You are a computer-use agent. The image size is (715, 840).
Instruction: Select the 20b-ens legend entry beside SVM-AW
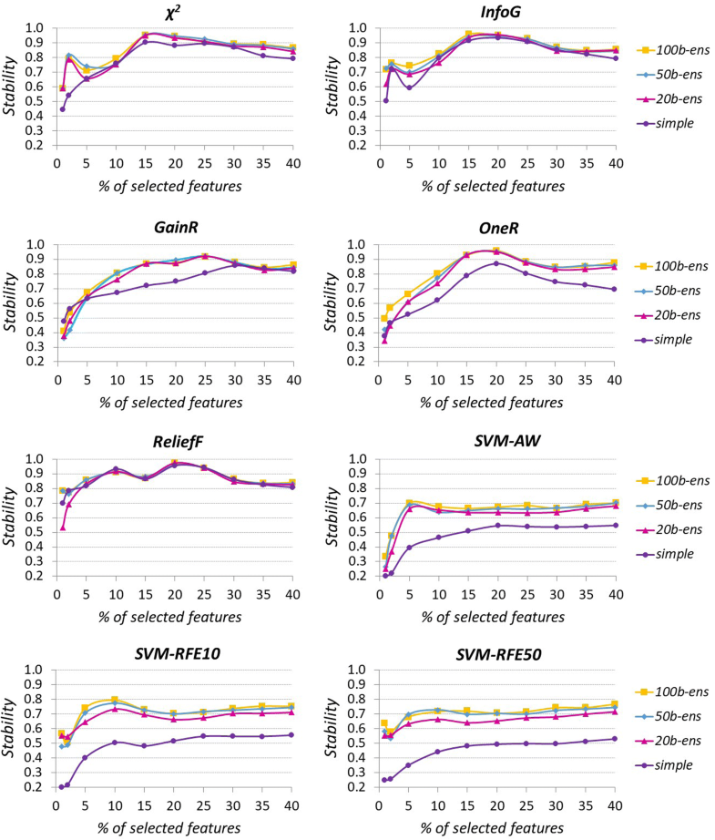(660, 529)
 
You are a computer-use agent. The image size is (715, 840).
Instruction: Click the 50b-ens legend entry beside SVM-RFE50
(660, 718)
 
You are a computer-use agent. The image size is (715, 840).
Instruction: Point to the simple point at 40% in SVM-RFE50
(613, 739)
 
